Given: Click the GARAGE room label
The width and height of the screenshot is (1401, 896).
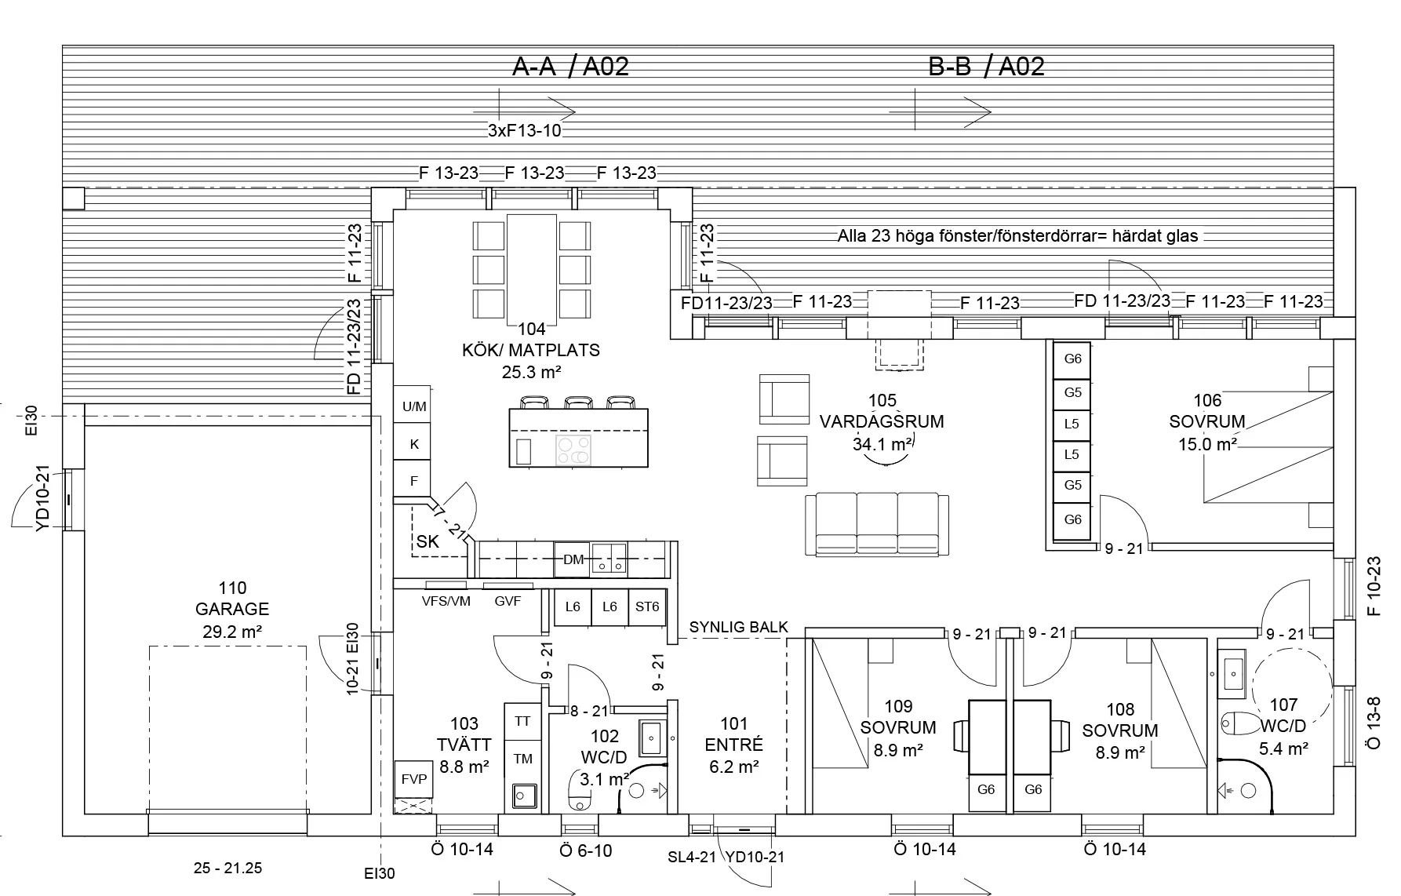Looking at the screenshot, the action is (x=232, y=609).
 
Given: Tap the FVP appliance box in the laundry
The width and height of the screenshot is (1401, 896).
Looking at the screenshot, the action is (x=413, y=779).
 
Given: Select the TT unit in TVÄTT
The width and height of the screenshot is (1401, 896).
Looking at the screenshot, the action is (x=522, y=721).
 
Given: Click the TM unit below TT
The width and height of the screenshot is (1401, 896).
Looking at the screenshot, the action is (x=522, y=759).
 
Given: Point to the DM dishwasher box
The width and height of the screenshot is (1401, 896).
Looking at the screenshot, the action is (x=573, y=559).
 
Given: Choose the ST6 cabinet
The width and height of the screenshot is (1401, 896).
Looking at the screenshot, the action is (x=647, y=606).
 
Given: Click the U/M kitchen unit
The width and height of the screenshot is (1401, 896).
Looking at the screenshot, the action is (x=413, y=406).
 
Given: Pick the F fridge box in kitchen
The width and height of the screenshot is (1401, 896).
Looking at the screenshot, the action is (x=413, y=480).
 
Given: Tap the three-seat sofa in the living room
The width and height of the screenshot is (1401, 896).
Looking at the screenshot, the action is (x=877, y=524).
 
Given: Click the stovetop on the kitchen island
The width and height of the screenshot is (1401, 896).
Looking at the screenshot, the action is (x=573, y=451).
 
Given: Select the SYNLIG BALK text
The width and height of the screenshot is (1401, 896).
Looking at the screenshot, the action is (x=739, y=627).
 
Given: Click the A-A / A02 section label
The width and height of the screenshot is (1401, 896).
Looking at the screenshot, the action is (x=570, y=67).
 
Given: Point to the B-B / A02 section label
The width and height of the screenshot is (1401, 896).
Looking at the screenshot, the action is (x=986, y=67).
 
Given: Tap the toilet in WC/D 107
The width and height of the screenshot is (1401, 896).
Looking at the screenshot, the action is (x=1238, y=722).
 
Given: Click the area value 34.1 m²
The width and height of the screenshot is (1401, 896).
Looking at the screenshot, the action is (x=882, y=444).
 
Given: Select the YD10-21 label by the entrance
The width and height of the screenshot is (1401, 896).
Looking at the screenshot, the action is (x=755, y=858).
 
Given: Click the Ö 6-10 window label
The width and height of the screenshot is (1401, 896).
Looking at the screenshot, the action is (x=586, y=850).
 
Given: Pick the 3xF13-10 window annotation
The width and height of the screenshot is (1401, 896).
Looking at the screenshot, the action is (x=525, y=131).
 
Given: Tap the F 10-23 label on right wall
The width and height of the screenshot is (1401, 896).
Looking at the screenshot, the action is (x=1374, y=586).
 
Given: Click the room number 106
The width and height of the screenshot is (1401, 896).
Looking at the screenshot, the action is (x=1207, y=402).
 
